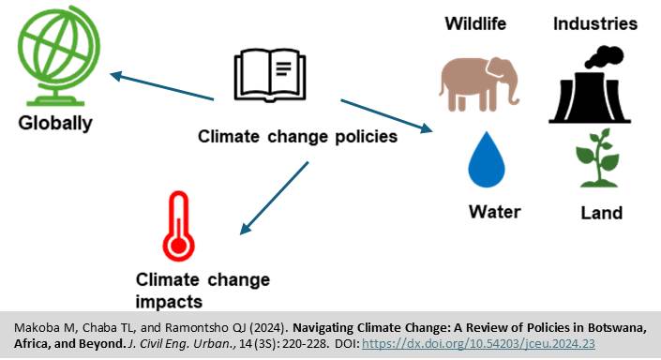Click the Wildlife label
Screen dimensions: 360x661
pos(477,23)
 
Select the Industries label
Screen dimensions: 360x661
pos(594,23)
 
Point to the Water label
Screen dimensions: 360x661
pos(494,211)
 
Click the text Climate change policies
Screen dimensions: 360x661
pos(297,137)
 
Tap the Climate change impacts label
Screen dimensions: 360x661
pos(203,290)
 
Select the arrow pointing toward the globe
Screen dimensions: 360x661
pos(160,85)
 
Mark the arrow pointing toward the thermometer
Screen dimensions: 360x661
pos(274,198)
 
